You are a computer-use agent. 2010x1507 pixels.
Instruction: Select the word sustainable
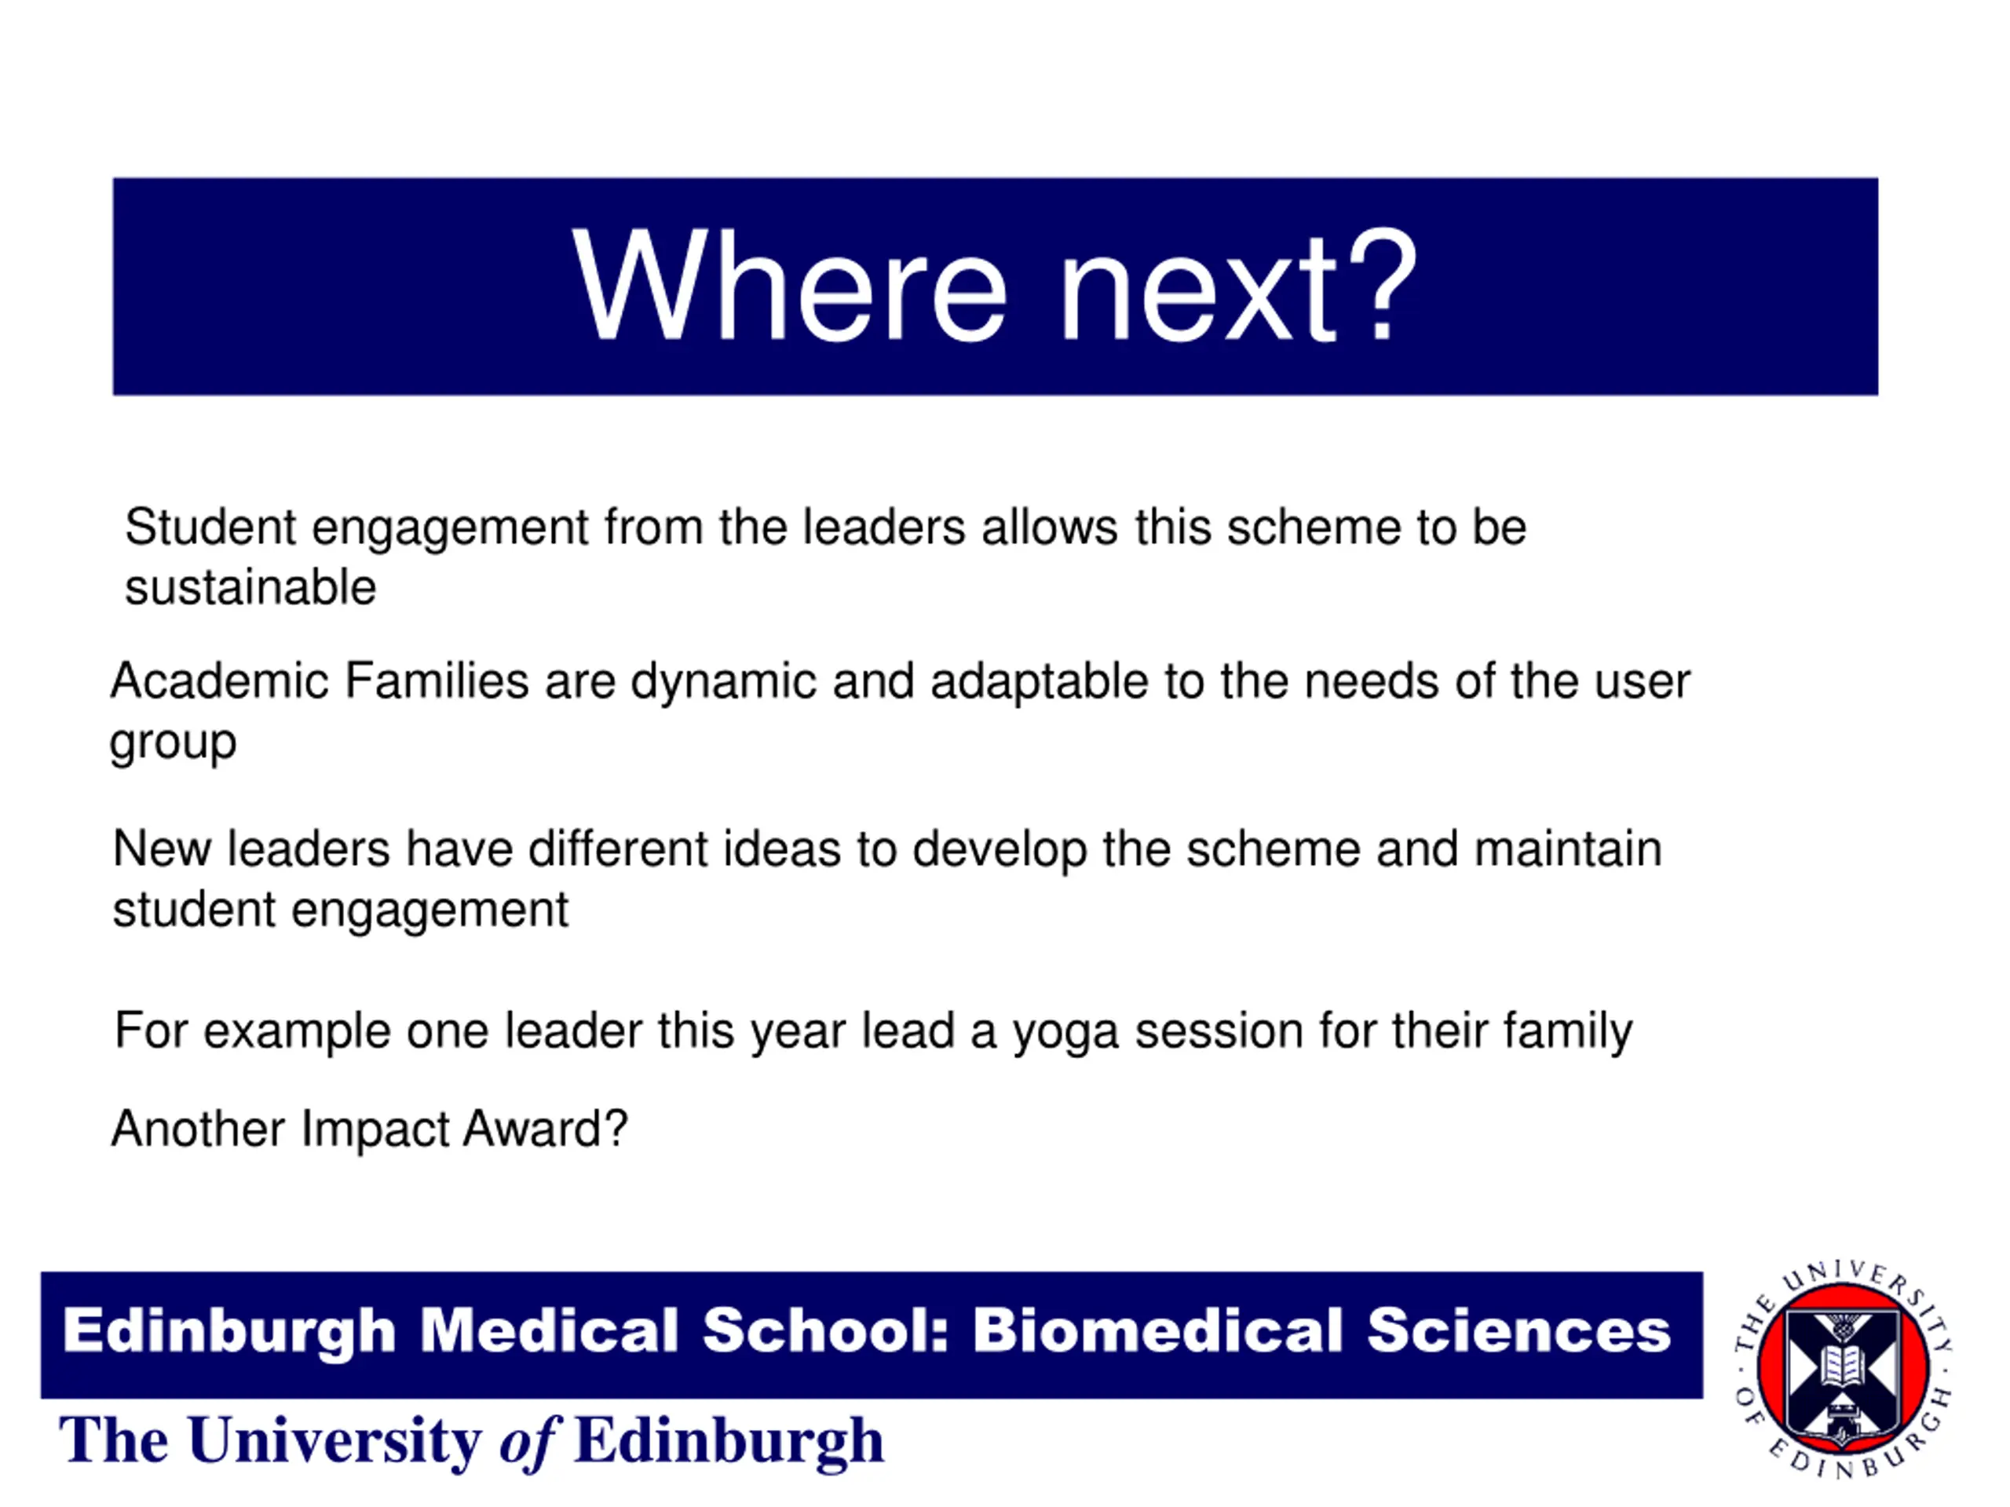250,588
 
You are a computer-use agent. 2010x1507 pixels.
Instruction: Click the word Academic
219,681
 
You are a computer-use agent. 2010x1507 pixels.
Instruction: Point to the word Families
437,681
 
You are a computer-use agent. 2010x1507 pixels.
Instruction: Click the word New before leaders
162,848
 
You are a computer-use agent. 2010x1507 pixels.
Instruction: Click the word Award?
545,1129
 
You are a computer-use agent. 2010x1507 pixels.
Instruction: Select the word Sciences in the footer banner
1518,1330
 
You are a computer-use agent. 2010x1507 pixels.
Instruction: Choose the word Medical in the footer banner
549,1330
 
